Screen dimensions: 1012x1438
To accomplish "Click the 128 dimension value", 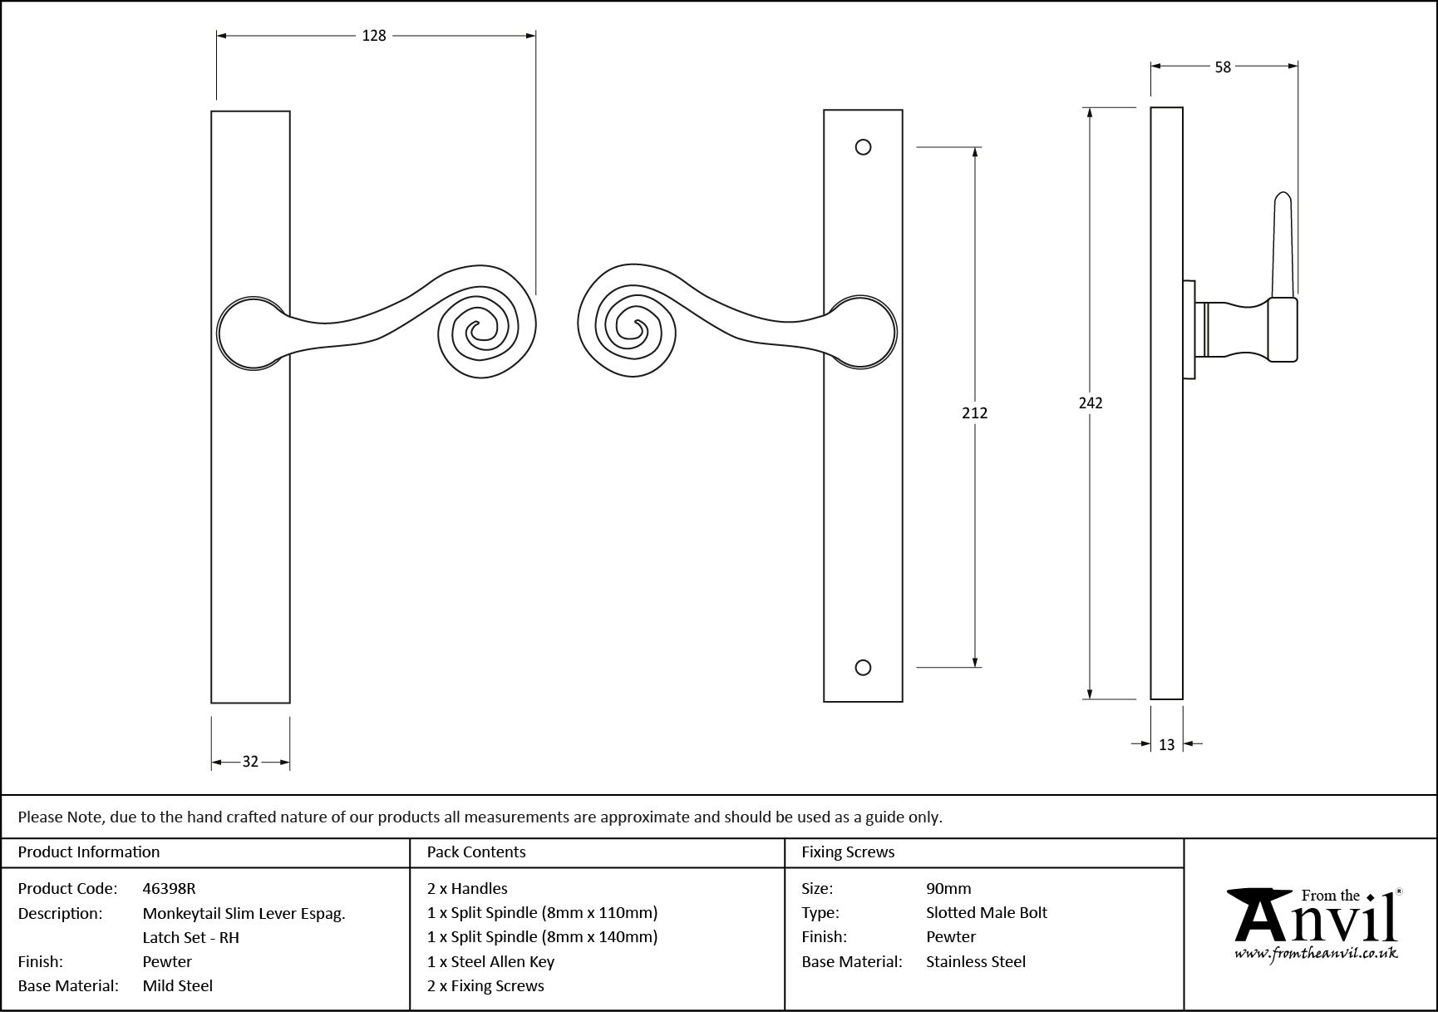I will (x=374, y=36).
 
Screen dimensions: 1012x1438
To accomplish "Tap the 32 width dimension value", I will (x=250, y=762).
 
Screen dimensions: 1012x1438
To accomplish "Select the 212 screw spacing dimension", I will (x=974, y=412).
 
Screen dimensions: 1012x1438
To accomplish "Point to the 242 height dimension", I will (x=1090, y=403).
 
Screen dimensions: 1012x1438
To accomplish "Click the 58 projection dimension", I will (x=1223, y=67).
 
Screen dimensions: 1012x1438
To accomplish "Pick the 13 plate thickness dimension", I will (x=1166, y=745).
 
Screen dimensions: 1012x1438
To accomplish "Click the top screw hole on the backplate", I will (x=863, y=147).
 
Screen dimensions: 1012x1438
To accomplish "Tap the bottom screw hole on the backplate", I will (x=863, y=667).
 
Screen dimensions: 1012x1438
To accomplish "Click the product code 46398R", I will (x=169, y=888).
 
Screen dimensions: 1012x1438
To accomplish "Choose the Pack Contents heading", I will (x=476, y=852).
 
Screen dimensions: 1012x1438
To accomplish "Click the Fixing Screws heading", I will (x=848, y=852).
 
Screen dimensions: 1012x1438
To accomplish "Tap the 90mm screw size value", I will (x=948, y=888).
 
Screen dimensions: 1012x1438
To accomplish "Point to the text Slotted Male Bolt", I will (x=986, y=912).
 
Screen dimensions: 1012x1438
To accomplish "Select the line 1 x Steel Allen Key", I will (x=490, y=961).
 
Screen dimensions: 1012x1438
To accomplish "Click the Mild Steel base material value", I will (x=178, y=985).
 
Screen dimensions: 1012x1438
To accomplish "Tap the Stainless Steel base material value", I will (x=976, y=961).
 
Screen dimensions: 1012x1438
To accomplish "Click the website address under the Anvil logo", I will (x=1315, y=955).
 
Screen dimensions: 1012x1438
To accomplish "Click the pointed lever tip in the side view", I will (x=1283, y=200).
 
